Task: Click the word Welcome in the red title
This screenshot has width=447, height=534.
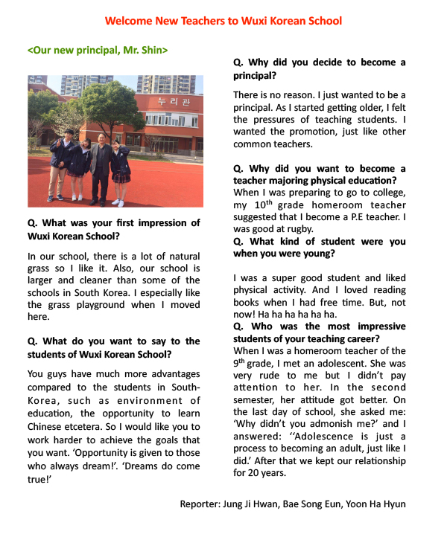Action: pyautogui.click(x=129, y=21)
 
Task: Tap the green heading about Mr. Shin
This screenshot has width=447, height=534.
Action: pyautogui.click(x=97, y=51)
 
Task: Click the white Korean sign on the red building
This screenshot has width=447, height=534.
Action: pyautogui.click(x=173, y=100)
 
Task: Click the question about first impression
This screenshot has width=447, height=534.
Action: pyautogui.click(x=113, y=229)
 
